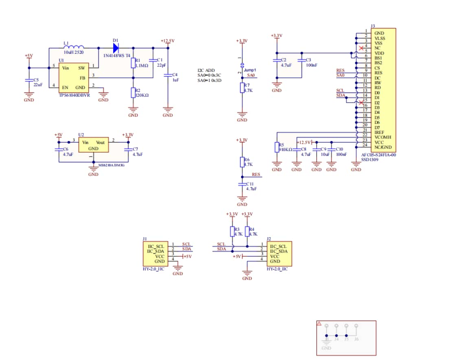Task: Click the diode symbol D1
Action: (116, 48)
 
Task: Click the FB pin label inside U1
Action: (82, 78)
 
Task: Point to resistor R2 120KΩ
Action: (133, 93)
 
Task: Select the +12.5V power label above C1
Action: (168, 41)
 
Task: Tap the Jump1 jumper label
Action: (250, 70)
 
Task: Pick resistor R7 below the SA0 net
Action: (242, 88)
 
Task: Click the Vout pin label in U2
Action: (100, 143)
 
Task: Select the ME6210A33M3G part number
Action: (112, 165)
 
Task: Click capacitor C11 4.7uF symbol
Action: (242, 184)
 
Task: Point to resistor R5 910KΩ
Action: (277, 147)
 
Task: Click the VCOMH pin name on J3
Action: (383, 137)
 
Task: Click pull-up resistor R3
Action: (232, 232)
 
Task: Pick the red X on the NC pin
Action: (361, 48)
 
